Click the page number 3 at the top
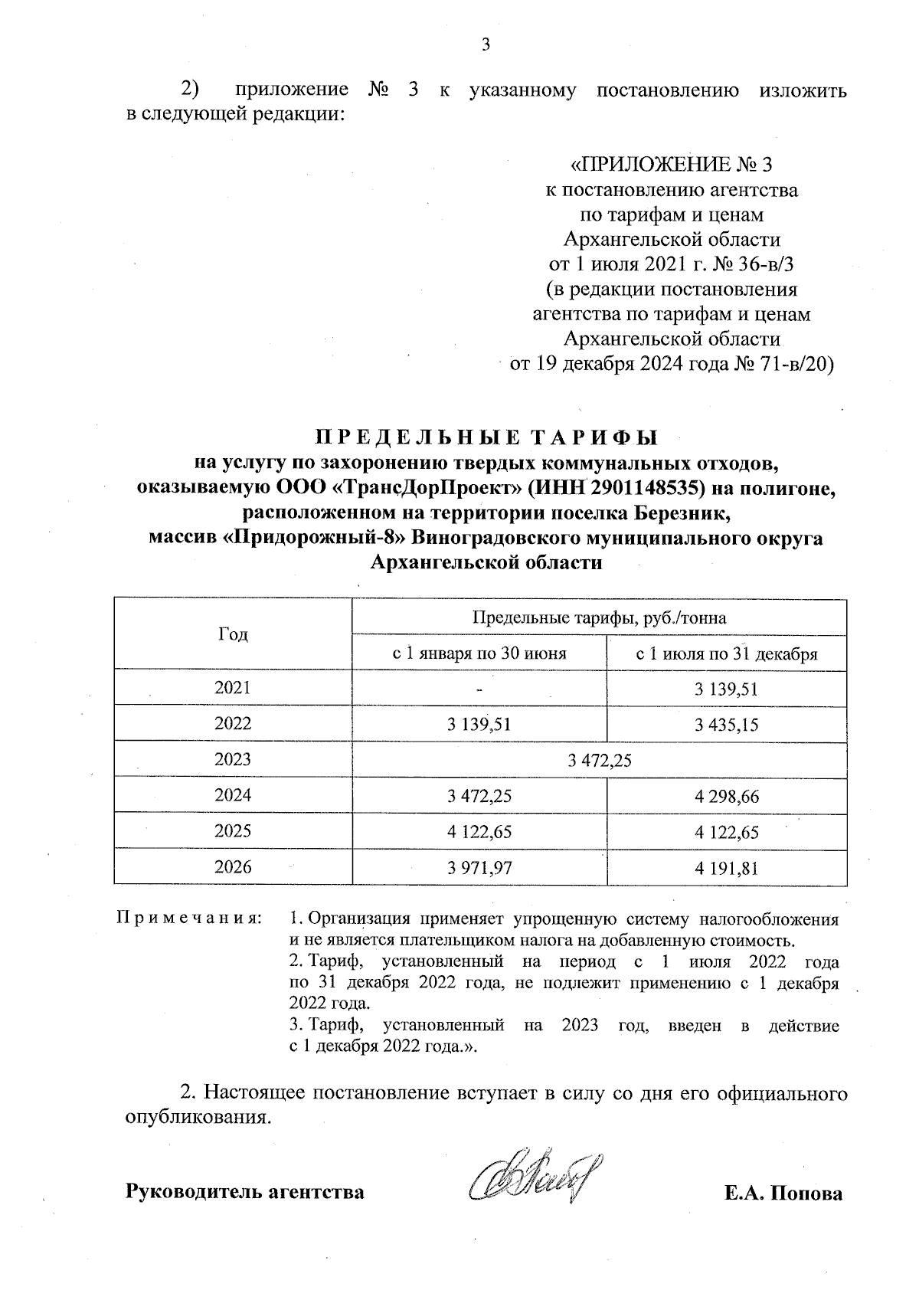pos(485,44)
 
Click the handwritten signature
pos(536,1179)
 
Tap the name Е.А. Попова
pos(783,1193)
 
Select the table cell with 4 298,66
pos(726,797)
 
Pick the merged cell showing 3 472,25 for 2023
pos(599,760)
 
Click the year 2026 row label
pos(233,867)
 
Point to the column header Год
pos(233,634)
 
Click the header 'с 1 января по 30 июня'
pos(479,653)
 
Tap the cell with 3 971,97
pos(479,868)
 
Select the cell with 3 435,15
pos(726,724)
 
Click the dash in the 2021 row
pos(479,689)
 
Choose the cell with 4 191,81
pos(726,868)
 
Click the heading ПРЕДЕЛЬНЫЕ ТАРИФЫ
pos(486,438)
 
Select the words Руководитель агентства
pos(244,1193)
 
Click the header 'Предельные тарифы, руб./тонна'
pos(599,617)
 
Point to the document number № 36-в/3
pos(755,265)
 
